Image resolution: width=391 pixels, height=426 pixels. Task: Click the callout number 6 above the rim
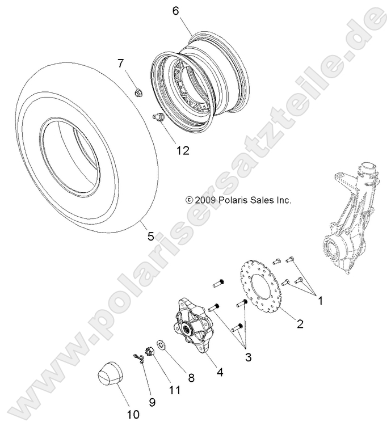[x=175, y=10]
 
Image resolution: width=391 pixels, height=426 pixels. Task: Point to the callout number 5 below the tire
[x=150, y=236]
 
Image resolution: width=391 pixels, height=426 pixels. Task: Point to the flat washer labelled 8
[x=161, y=344]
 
